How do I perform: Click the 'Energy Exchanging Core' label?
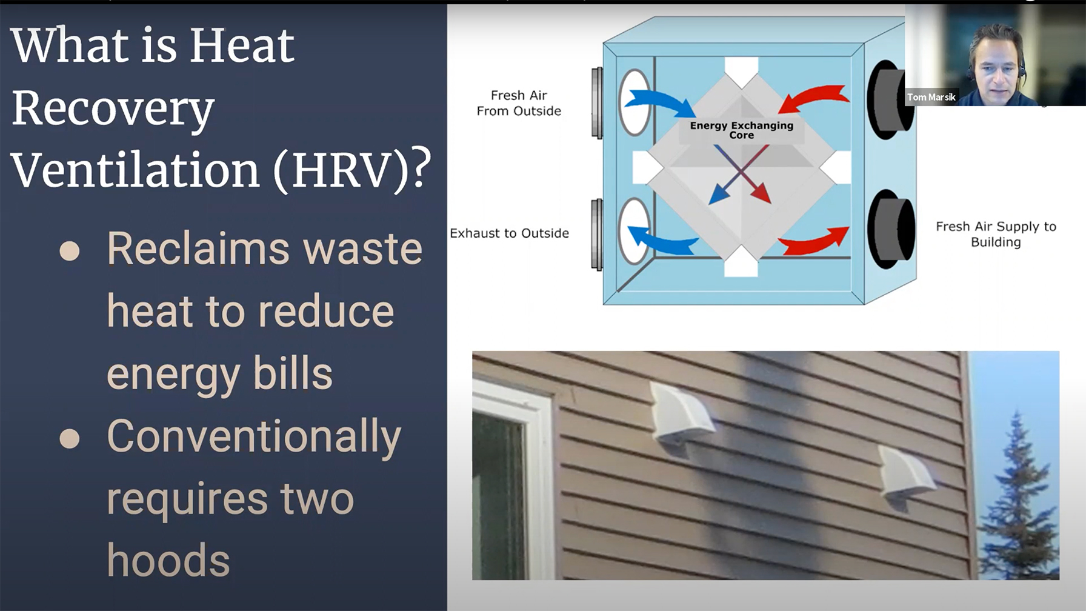(x=741, y=130)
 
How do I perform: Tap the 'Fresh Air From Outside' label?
(x=519, y=103)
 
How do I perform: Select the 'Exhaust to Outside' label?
(x=509, y=233)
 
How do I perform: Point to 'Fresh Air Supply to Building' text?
(x=996, y=234)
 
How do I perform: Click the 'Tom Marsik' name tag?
(x=931, y=97)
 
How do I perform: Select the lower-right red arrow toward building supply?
(x=814, y=241)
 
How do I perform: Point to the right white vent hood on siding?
(x=906, y=476)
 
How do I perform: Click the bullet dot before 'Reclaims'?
(x=70, y=251)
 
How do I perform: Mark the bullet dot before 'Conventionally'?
(x=70, y=438)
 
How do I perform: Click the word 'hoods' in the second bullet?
(x=168, y=560)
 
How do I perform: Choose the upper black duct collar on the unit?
(x=890, y=100)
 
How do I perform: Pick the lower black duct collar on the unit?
(x=890, y=229)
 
